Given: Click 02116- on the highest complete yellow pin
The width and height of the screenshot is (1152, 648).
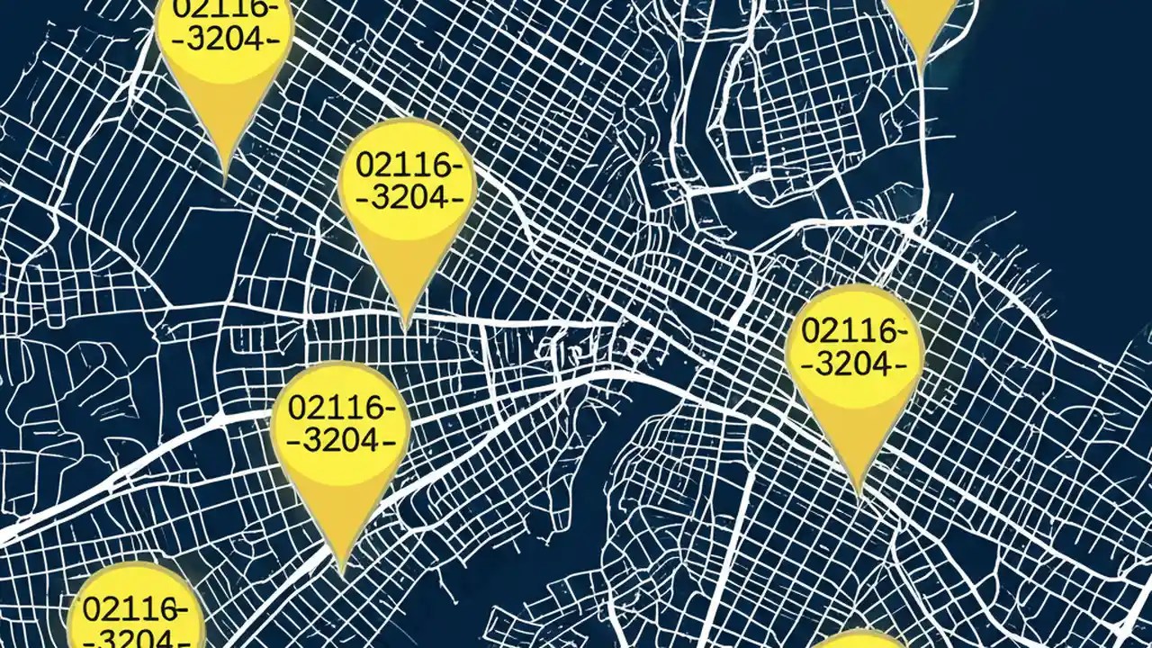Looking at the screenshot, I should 408,165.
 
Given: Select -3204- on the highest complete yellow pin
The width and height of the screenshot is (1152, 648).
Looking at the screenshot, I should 408,197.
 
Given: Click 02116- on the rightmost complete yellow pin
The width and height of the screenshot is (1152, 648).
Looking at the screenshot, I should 854,330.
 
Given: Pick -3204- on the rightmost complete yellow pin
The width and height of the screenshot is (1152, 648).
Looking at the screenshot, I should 854,364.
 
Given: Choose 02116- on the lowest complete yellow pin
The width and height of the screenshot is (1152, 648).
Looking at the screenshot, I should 341,407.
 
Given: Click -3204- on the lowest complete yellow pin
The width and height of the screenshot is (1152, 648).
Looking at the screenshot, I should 341,440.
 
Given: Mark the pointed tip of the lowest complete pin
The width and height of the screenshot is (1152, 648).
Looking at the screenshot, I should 342,571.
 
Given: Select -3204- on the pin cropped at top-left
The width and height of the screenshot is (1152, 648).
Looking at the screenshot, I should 225,40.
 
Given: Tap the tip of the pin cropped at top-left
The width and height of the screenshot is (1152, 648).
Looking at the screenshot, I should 224,180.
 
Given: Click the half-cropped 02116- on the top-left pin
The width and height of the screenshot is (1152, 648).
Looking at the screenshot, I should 225,9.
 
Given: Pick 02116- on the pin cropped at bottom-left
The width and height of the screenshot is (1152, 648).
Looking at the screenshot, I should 136,608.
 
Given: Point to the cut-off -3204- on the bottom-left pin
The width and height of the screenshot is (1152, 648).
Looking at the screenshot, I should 136,639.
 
